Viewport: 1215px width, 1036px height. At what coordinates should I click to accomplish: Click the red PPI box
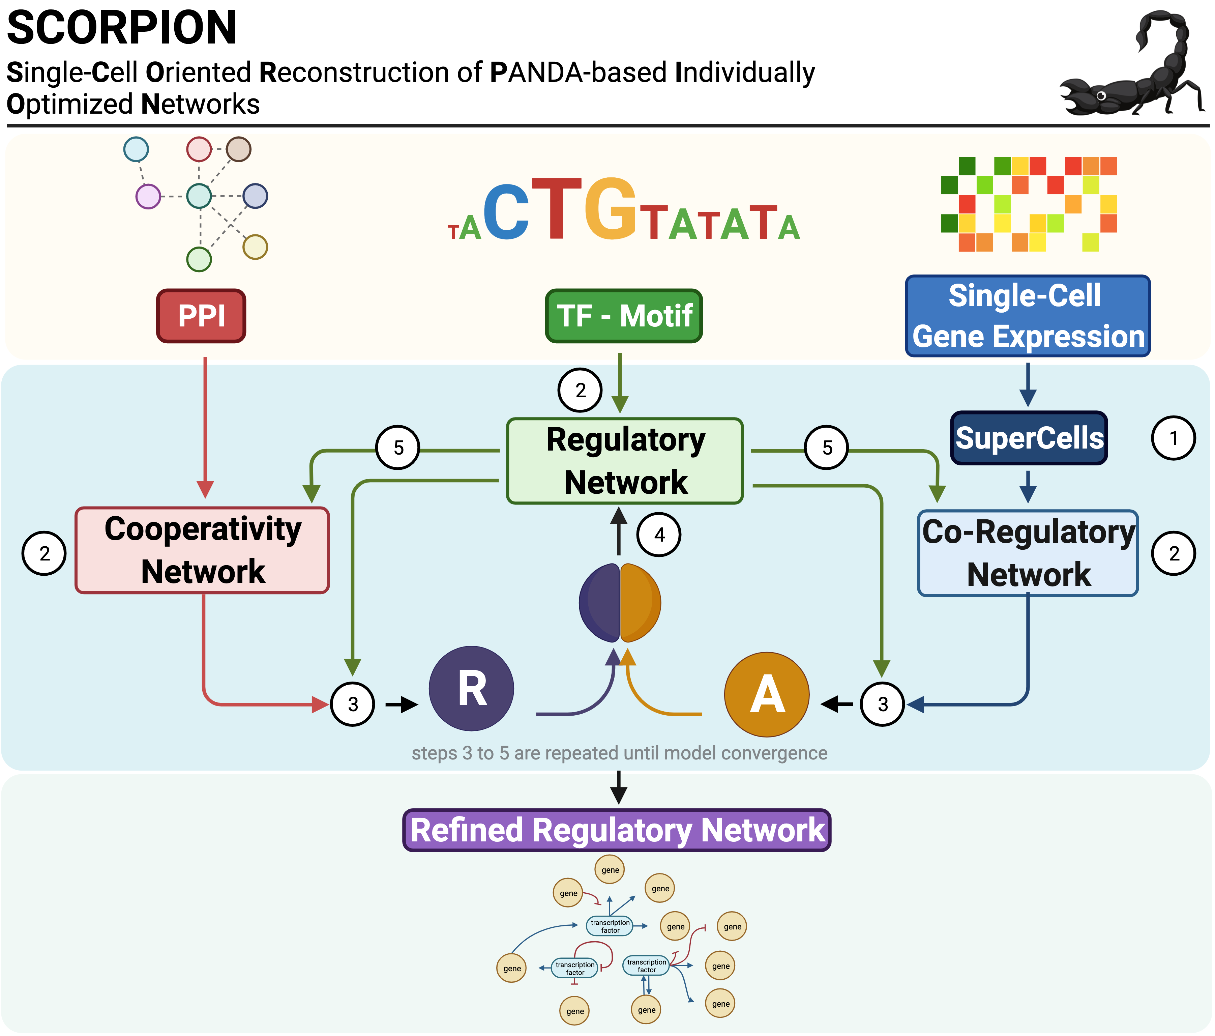coord(201,316)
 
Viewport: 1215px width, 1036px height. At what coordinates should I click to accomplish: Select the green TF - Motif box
coord(624,316)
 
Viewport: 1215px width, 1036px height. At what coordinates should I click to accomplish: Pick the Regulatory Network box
coord(625,461)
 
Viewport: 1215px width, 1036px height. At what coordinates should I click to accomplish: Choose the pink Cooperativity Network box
coord(202,550)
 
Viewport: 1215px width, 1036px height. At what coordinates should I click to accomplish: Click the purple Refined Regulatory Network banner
coord(617,830)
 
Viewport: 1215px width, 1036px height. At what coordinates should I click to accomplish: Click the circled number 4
coord(659,535)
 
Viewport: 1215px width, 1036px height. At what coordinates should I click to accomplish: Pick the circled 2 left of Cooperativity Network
coord(44,553)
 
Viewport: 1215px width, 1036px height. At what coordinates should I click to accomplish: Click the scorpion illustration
coord(1129,67)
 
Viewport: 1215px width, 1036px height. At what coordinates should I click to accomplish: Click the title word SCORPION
coord(121,28)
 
